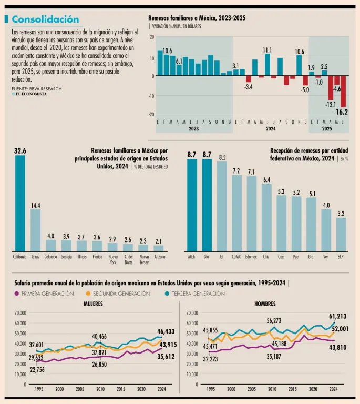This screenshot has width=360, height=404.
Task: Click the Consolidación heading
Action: (45, 19)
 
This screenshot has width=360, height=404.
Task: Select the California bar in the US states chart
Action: (20, 203)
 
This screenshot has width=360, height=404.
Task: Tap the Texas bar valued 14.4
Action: (35, 230)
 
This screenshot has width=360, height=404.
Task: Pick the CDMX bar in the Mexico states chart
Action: (237, 213)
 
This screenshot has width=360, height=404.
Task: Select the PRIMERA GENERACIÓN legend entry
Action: (47, 294)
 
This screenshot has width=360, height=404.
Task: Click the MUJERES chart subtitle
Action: (93, 304)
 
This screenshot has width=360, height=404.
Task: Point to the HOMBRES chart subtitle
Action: (264, 304)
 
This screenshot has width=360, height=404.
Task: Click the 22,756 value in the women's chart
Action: (37, 370)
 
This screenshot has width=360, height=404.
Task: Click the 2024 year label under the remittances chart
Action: (271, 128)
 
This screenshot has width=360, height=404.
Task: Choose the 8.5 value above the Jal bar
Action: (222, 157)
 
